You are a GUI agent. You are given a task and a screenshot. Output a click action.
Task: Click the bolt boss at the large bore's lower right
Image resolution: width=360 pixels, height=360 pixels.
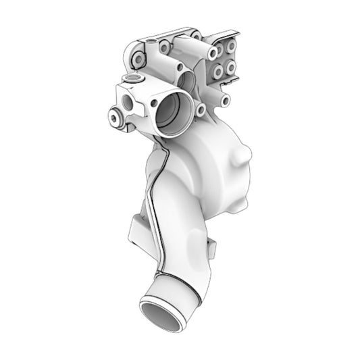(201, 109)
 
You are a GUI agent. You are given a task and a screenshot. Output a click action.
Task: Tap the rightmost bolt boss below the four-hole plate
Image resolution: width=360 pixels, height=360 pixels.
(225, 100)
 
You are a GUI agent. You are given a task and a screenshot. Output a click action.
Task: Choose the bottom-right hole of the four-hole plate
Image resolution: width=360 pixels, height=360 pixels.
(231, 68)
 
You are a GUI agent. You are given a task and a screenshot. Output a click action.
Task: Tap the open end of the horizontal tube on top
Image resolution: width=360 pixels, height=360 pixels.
(213, 52)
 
